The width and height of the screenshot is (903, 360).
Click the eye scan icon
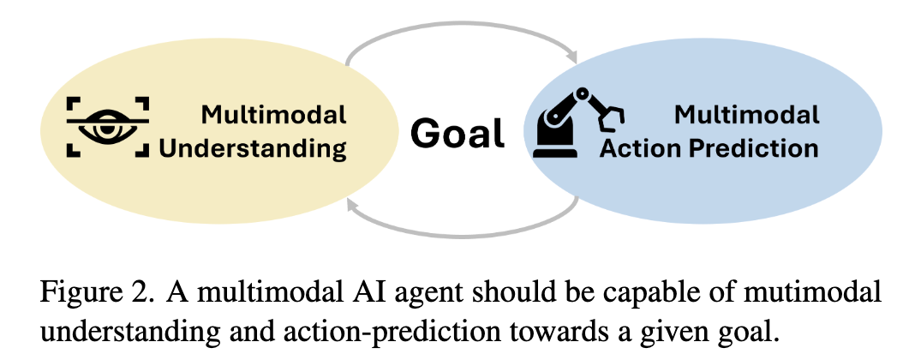[108, 127]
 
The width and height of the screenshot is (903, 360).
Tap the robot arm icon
[578, 123]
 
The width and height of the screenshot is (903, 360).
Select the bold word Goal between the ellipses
[457, 133]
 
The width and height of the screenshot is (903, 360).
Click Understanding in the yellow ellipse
[253, 148]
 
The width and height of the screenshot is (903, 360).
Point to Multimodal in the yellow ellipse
[273, 115]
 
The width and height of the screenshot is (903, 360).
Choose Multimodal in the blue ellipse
[746, 115]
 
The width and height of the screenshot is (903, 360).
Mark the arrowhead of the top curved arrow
[571, 57]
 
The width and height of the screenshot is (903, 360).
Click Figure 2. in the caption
[98, 292]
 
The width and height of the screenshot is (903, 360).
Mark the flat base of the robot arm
[555, 153]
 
